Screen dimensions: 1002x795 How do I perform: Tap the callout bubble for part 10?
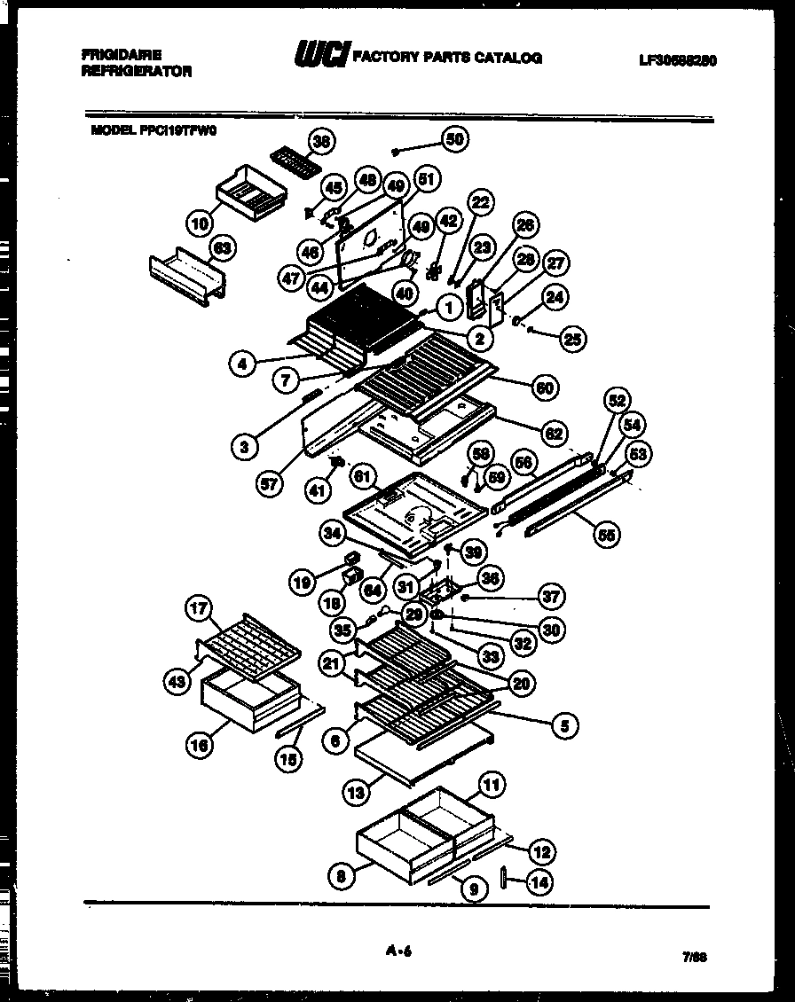tap(201, 220)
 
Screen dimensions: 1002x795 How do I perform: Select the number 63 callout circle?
tap(223, 248)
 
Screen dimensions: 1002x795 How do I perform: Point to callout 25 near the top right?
tap(572, 338)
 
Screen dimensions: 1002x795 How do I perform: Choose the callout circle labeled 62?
tap(554, 434)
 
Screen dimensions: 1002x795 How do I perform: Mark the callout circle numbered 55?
tap(608, 534)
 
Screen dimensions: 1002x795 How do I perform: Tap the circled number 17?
tap(199, 608)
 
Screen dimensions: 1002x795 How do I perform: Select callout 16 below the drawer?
tap(200, 746)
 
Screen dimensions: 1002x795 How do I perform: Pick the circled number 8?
tap(340, 877)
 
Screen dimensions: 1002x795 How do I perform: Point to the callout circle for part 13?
tap(356, 793)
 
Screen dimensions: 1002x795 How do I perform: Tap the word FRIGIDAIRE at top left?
tap(121, 54)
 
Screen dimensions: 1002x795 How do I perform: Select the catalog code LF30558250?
tap(677, 60)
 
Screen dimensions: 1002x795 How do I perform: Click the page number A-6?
tap(399, 952)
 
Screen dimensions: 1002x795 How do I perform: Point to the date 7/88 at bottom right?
tap(695, 958)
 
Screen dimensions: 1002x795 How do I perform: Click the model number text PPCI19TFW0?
tap(177, 129)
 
